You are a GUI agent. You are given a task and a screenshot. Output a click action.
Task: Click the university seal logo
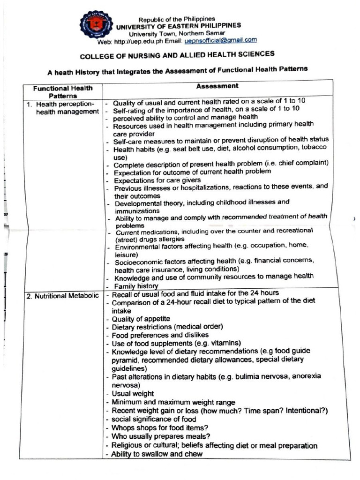96,24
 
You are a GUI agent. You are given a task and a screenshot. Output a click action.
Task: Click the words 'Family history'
136,285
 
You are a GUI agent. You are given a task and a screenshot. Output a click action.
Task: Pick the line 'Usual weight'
133,394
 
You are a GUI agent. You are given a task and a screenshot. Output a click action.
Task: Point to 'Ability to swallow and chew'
157,454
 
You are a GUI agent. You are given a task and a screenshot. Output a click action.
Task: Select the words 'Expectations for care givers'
157,180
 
